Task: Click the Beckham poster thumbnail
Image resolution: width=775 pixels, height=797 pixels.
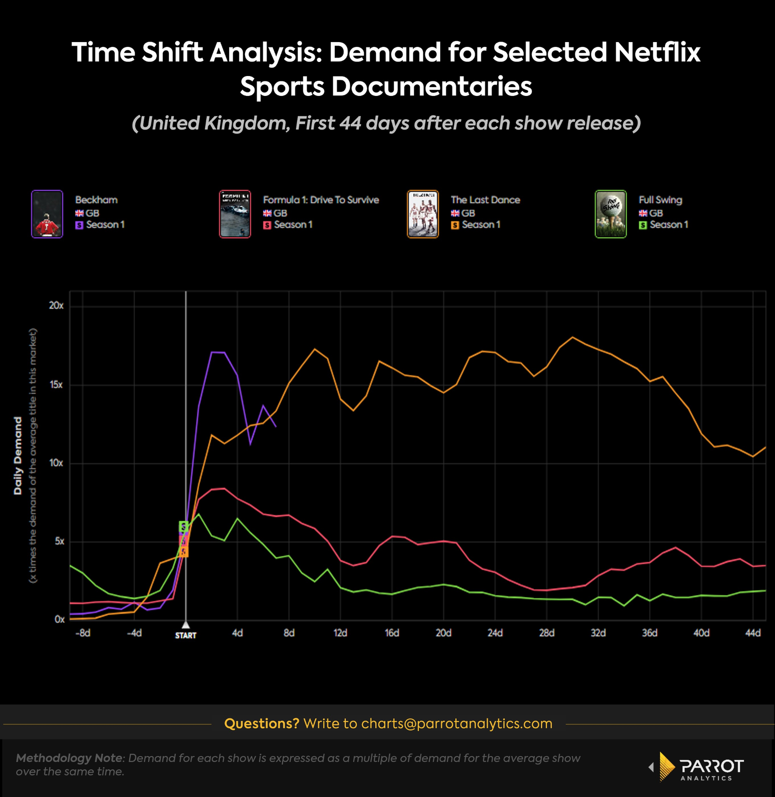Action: point(47,214)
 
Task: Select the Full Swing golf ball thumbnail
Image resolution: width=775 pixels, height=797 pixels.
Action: point(610,214)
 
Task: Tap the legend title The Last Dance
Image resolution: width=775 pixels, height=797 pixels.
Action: point(485,200)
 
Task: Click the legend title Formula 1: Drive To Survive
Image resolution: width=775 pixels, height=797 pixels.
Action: point(321,200)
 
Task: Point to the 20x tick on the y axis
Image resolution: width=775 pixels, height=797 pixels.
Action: point(56,306)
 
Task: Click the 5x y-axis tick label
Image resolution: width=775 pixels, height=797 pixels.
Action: point(59,541)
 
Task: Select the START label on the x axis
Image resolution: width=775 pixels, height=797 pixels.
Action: point(186,635)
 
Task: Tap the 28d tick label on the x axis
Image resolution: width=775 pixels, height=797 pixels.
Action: point(546,633)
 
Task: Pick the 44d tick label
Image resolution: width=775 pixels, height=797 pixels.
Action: point(753,633)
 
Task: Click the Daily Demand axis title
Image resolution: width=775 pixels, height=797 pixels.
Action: point(18,456)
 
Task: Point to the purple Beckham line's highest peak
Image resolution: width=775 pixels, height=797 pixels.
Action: point(212,352)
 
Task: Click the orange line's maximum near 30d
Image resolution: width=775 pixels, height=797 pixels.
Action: point(573,337)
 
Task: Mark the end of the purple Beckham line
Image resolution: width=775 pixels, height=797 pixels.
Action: point(276,427)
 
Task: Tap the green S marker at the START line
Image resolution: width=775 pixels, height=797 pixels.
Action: point(184,526)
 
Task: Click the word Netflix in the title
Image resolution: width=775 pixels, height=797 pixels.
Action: point(657,52)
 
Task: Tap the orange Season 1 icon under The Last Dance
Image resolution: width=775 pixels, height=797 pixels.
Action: point(455,225)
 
